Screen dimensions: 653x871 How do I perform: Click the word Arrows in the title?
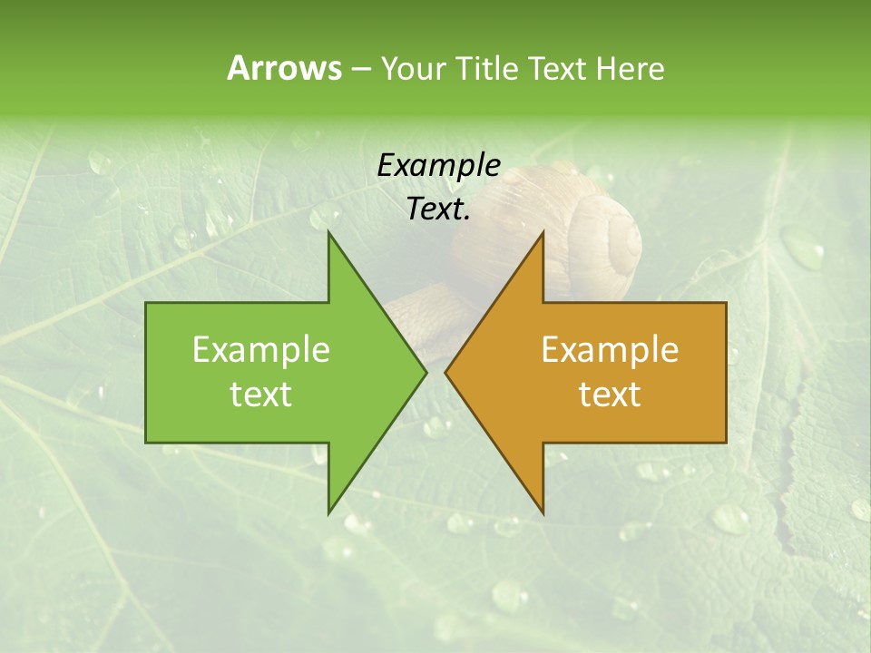284,68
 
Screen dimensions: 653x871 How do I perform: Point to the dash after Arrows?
360,69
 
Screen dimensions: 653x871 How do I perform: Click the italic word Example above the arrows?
438,166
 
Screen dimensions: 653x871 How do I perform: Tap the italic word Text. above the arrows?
438,210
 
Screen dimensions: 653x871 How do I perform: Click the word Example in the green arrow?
261,350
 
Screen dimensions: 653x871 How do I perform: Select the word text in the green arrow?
261,395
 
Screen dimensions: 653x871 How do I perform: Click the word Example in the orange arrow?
610,350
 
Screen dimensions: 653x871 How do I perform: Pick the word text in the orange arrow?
610,395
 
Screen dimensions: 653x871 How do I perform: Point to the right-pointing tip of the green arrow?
426,372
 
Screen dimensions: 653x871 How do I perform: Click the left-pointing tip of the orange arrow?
445,372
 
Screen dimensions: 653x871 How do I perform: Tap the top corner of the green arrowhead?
329,232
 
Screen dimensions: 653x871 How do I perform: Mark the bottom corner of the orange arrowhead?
543,512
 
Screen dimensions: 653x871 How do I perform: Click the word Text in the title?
559,68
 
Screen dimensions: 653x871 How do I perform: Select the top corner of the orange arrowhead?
543,232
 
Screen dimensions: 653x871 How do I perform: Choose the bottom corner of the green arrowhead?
329,512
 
